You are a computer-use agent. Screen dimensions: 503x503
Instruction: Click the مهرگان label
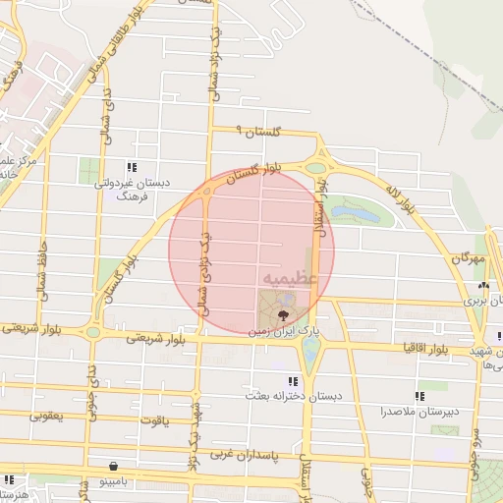pyautogui.click(x=469, y=257)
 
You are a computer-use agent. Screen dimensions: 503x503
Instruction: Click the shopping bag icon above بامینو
pyautogui.click(x=116, y=465)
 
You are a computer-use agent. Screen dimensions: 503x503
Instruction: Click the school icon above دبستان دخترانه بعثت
pyautogui.click(x=291, y=381)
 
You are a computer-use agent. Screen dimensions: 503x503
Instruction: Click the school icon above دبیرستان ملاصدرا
pyautogui.click(x=419, y=396)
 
